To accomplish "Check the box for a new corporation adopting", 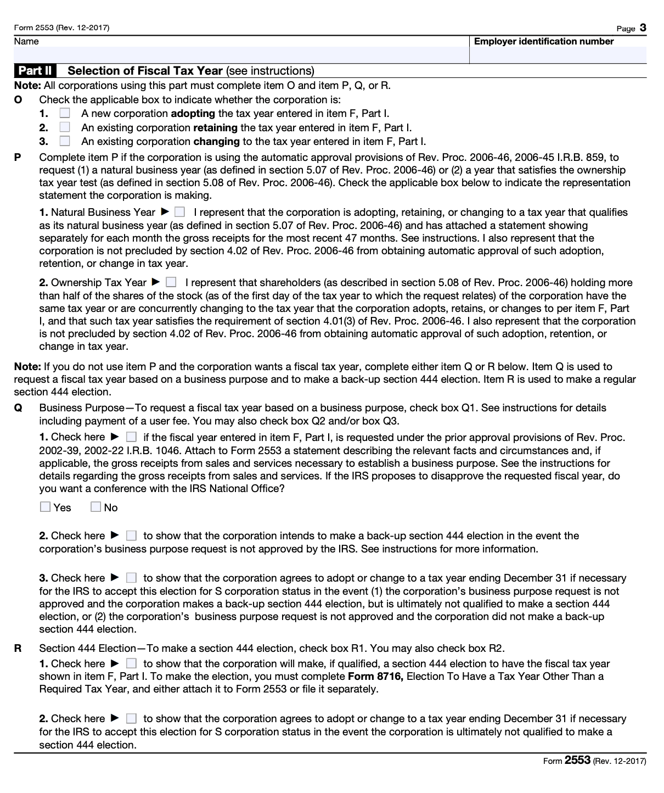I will point(65,113).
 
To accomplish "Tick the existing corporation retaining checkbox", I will point(65,127).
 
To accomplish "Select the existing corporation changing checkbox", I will point(65,141).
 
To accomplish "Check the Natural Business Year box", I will point(180,212).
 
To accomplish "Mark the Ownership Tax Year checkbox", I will point(171,282).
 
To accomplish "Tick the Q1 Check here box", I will point(131,437).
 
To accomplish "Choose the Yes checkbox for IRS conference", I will point(46,507).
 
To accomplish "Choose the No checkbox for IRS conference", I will point(96,507).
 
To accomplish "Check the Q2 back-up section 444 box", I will point(131,535).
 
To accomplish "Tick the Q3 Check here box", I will point(131,578).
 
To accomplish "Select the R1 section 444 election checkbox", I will point(131,663).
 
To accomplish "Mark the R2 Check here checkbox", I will point(131,718).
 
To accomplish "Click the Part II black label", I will point(35,71).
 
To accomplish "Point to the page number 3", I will point(643,28).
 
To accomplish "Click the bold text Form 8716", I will point(375,676).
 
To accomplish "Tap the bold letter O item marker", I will point(18,99).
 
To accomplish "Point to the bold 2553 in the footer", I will point(577,760).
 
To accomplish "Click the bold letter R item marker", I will point(18,648).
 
